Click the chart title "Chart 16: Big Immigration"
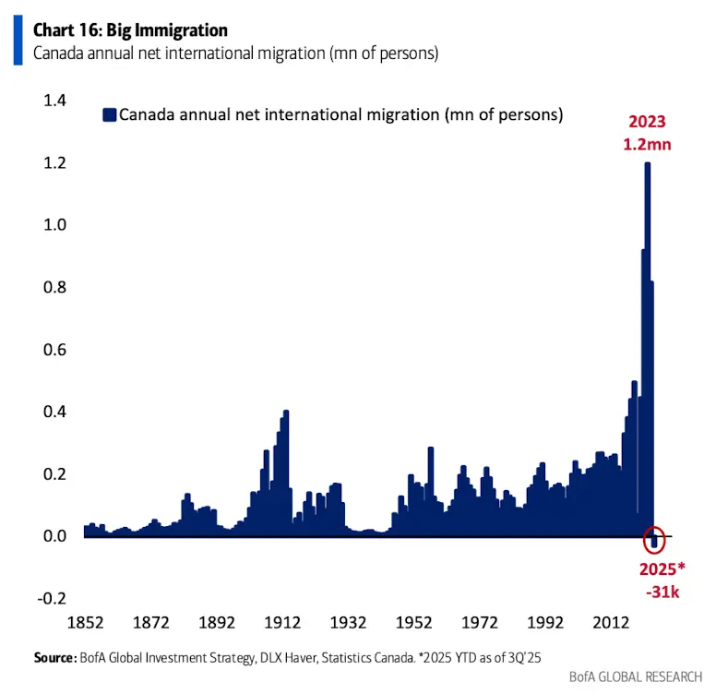(130, 30)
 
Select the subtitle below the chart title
(235, 53)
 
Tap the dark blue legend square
(109, 115)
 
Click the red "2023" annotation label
(648, 122)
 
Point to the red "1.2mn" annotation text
(648, 144)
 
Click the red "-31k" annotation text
(659, 592)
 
